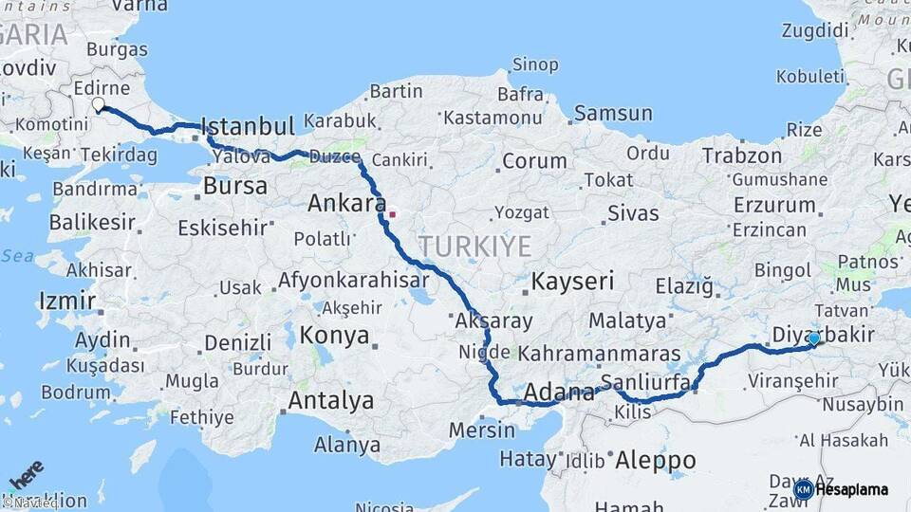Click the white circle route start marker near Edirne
[x=98, y=104]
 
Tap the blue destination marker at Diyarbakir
[x=813, y=338]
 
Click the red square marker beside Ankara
[x=392, y=213]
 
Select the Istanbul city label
[x=249, y=126]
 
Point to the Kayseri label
[x=572, y=281]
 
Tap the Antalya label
[x=330, y=401]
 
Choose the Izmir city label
[x=66, y=302]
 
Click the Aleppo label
[x=655, y=461]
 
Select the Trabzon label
[x=741, y=155]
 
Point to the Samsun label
[x=613, y=113]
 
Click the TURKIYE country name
[x=475, y=247]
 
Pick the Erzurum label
[x=773, y=204]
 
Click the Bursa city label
[x=235, y=186]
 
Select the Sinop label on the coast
[x=535, y=65]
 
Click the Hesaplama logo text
[x=852, y=490]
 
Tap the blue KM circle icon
[x=803, y=490]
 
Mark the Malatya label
[x=627, y=320]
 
